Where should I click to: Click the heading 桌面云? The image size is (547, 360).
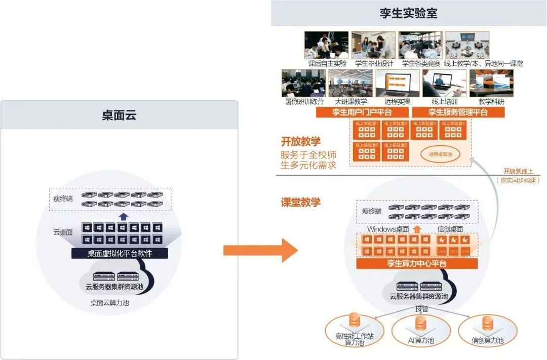point(120,115)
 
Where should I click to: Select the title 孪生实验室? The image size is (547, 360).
point(409,13)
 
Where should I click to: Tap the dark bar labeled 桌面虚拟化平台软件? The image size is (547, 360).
point(120,253)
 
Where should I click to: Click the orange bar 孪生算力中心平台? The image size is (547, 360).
point(417,264)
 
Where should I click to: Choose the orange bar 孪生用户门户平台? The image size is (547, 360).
point(362,112)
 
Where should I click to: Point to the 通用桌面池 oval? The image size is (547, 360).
point(440,154)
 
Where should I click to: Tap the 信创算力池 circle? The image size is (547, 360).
point(487,332)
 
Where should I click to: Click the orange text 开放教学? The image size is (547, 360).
point(301,142)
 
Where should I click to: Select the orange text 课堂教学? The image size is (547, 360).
point(301,202)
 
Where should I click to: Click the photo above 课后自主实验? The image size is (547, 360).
point(327,45)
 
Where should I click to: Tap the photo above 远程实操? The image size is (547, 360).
point(397,83)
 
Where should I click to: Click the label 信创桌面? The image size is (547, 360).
point(450,229)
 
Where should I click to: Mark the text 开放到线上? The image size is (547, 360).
point(518,171)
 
